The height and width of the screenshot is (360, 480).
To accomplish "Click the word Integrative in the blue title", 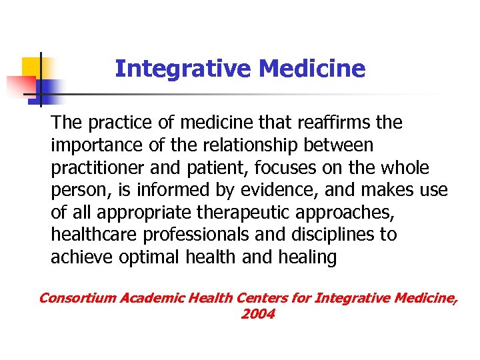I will click(x=183, y=69).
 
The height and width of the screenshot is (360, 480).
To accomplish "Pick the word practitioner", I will click(x=93, y=168).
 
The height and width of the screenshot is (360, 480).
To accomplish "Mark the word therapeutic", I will click(x=247, y=213).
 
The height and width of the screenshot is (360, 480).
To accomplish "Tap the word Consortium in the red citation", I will click(x=77, y=298).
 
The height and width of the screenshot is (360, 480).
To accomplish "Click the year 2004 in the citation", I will click(x=257, y=314).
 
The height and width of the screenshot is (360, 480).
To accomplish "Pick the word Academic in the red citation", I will click(x=149, y=298).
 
